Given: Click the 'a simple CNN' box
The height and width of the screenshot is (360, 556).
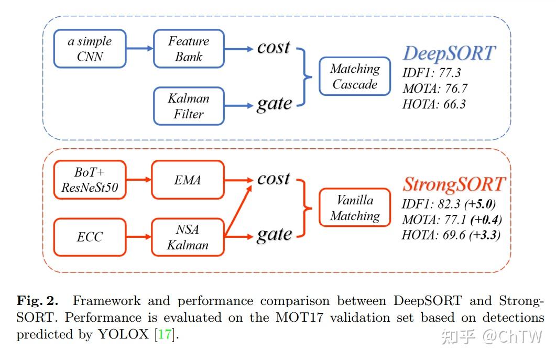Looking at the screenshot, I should click(90, 49).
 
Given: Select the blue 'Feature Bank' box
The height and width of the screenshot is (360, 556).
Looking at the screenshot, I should click(189, 49).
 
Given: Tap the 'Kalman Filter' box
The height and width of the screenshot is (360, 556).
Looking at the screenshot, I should click(189, 106).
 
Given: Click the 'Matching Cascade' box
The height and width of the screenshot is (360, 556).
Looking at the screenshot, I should click(355, 76).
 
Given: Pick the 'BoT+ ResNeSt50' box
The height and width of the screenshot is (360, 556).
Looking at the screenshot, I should click(90, 180).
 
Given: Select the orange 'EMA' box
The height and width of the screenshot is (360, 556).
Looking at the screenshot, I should click(188, 180).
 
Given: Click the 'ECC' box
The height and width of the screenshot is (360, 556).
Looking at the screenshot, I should click(90, 237).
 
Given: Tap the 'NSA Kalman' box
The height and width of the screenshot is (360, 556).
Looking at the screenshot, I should click(188, 237).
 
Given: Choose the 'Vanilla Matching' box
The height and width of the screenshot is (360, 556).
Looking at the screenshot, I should click(355, 208).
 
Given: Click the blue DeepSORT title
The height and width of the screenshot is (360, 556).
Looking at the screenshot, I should click(449, 53).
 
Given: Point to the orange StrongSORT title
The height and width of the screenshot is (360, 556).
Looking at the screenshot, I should click(454, 184).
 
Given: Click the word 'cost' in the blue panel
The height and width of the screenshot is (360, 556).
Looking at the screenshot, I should click(273, 47).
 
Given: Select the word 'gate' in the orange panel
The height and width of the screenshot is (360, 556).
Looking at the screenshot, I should click(274, 235).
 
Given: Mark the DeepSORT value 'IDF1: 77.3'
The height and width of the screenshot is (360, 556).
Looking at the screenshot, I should click(432, 73).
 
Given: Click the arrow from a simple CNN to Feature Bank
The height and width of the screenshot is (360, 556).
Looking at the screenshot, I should click(139, 49).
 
